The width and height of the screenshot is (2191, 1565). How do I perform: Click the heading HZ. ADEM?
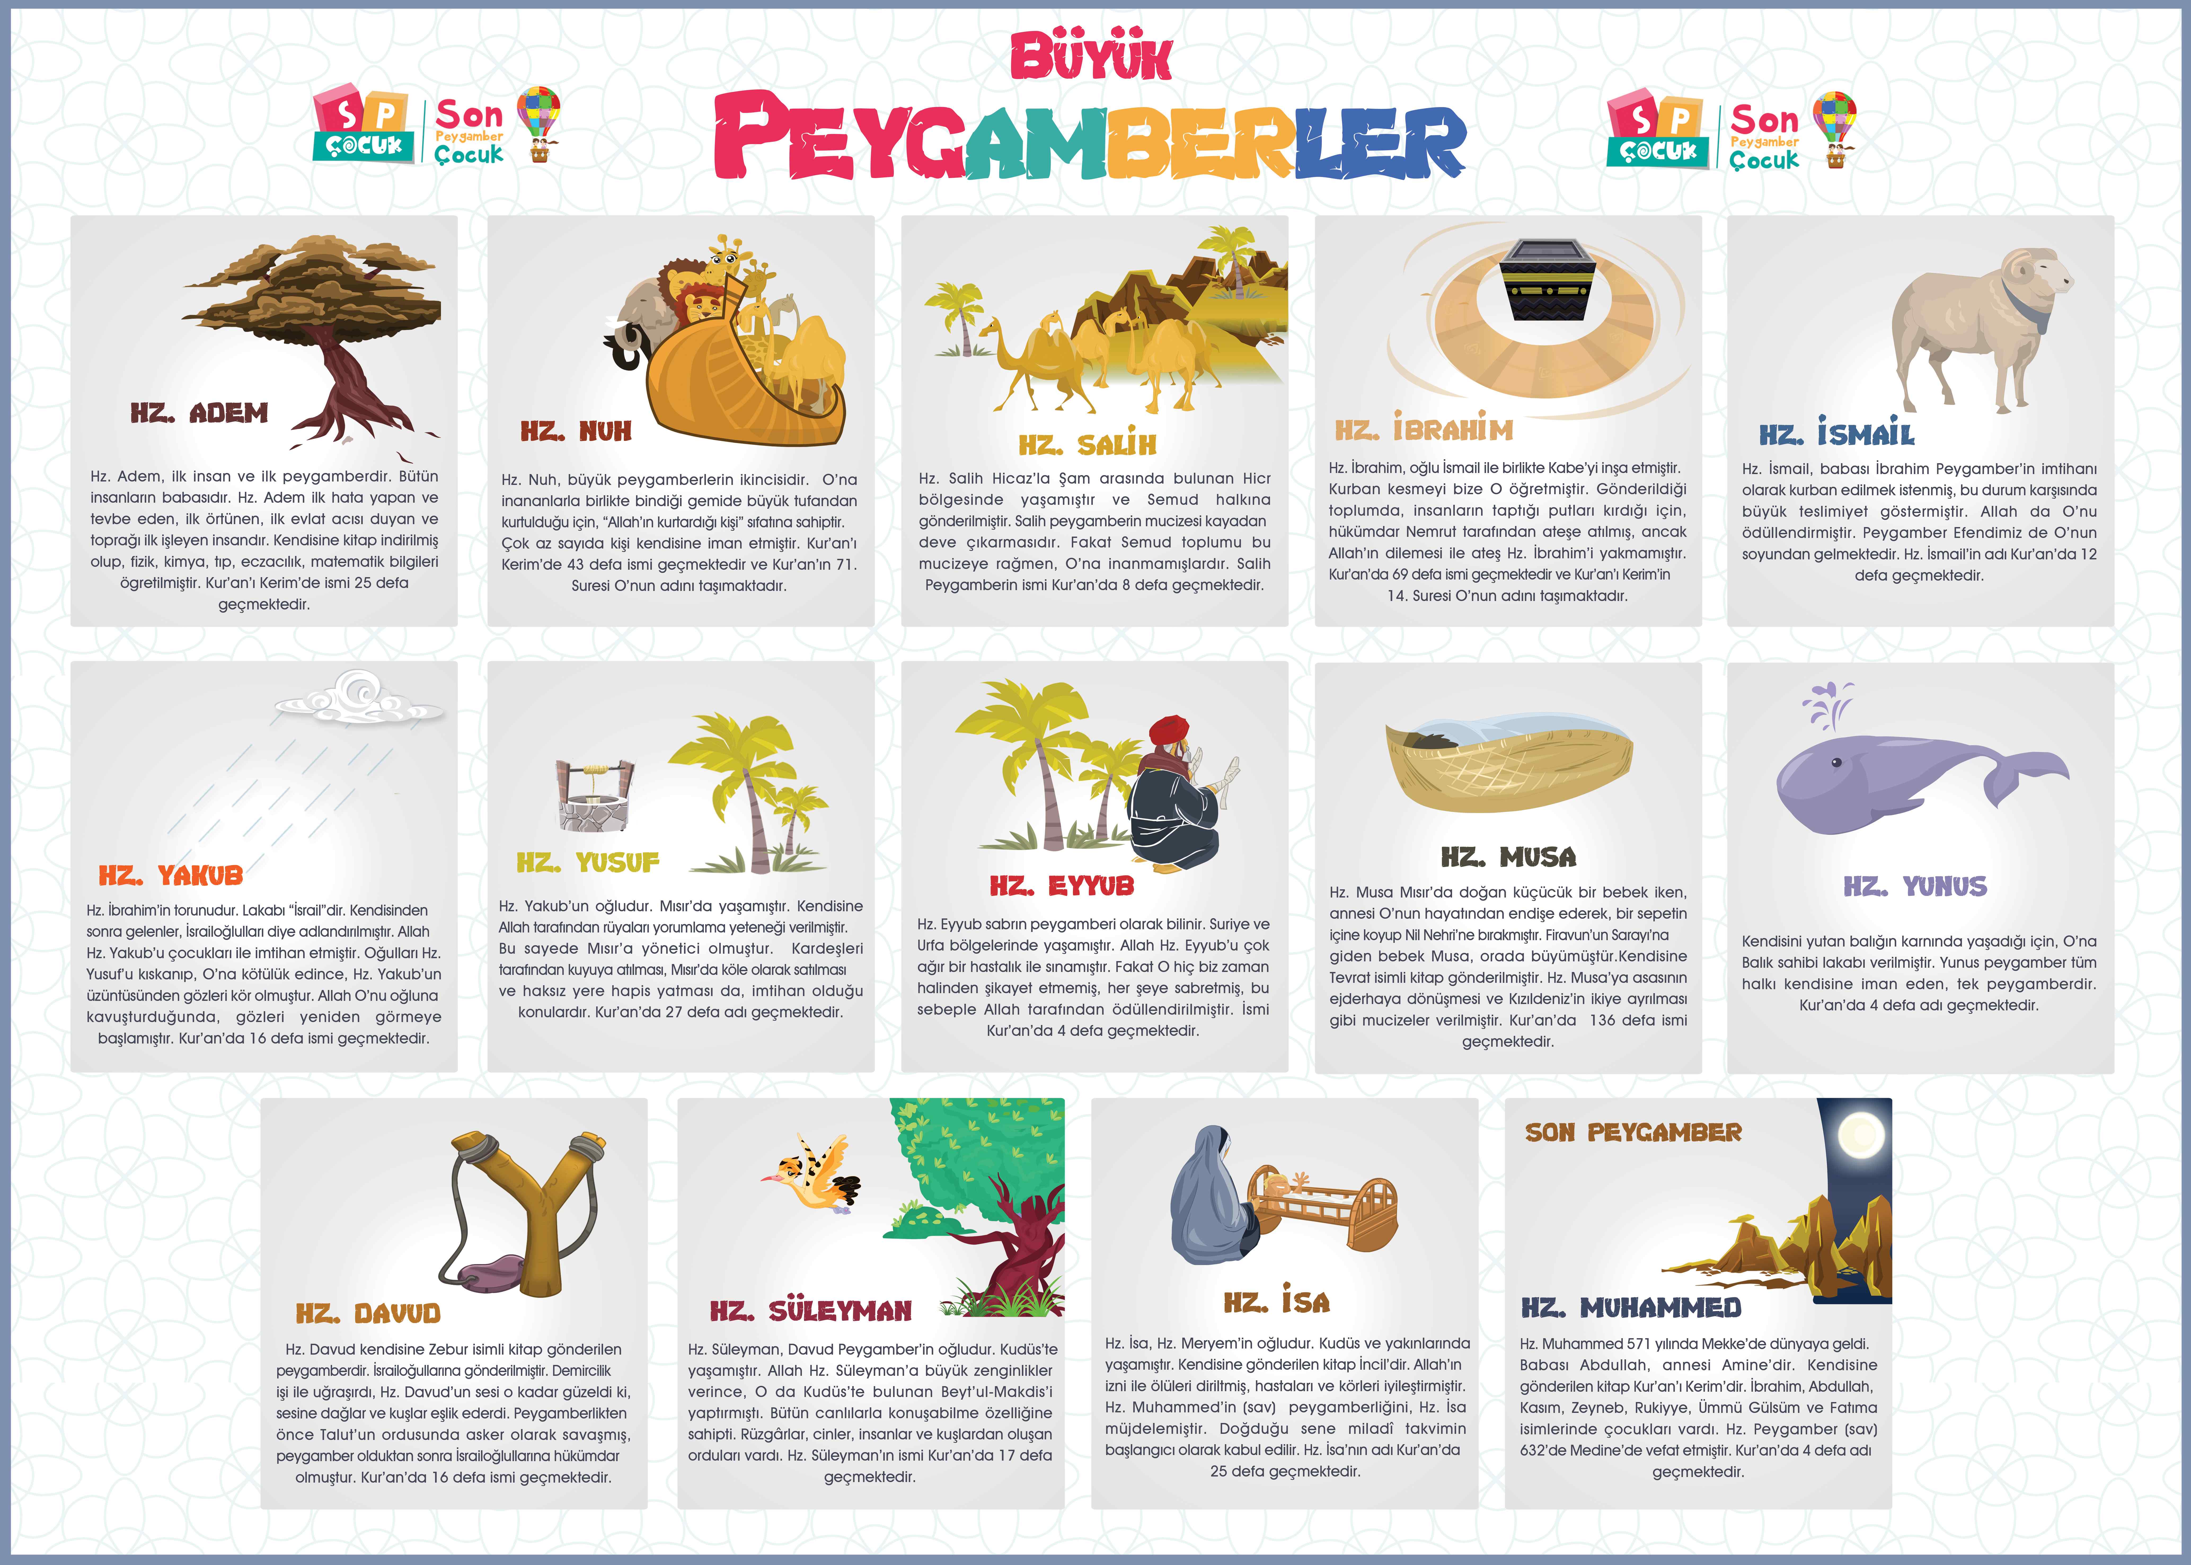pos(200,413)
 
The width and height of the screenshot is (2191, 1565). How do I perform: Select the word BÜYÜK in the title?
pos(1091,58)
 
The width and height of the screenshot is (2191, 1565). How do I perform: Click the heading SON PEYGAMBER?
pos(1633,1132)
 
